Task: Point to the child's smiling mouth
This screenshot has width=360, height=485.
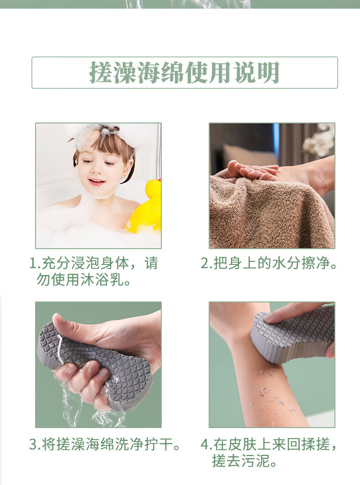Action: pos(97,182)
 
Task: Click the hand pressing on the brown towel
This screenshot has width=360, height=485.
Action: pos(247,171)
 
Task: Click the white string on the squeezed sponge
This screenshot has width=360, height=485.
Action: pos(59,348)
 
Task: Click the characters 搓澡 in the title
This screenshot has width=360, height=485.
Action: pos(113,73)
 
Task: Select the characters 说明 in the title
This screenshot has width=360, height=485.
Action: pos(257,73)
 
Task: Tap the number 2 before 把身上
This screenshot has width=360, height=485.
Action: pos(205,263)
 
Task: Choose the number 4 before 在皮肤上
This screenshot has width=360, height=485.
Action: pos(205,444)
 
